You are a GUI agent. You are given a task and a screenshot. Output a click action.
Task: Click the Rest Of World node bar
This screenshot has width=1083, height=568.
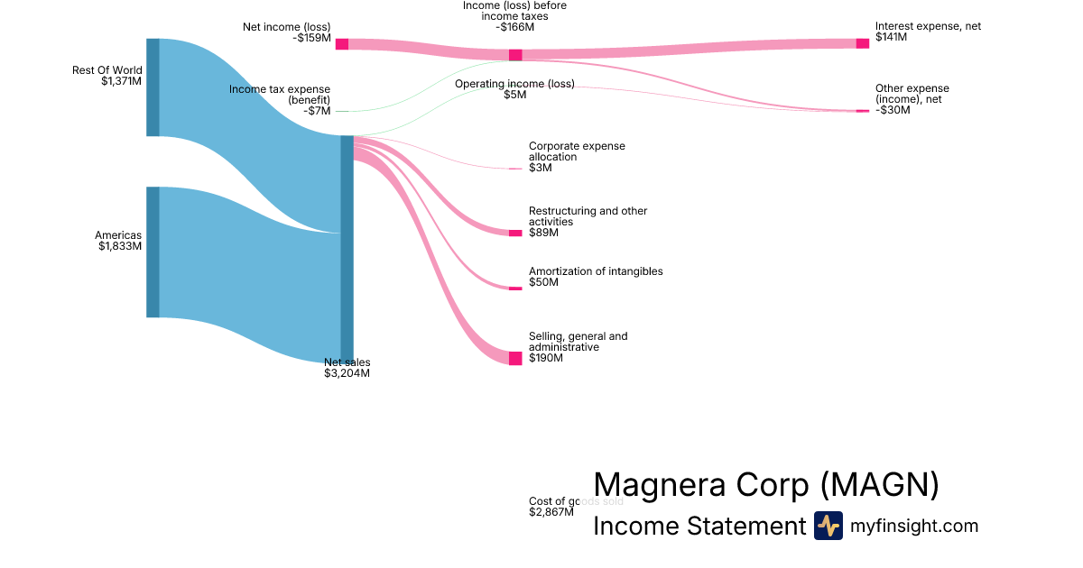(153, 87)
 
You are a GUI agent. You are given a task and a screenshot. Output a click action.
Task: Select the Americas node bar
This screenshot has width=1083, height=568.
(153, 252)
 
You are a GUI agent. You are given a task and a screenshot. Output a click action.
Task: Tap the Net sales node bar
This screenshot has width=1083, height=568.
(347, 249)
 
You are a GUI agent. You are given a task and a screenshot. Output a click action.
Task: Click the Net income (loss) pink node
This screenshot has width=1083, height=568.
(342, 44)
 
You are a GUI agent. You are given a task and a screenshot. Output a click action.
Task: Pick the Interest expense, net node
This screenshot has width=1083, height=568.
(863, 43)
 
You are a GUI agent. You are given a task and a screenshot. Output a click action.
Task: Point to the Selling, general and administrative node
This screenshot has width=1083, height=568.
(515, 358)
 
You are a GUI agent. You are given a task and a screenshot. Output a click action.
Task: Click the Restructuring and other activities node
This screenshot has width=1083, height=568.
(515, 233)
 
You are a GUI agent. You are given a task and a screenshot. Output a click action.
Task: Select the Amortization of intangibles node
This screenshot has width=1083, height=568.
(515, 289)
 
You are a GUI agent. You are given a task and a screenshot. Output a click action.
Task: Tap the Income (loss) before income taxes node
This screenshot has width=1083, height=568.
(515, 55)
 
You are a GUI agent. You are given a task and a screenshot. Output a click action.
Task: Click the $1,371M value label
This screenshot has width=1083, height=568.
(121, 81)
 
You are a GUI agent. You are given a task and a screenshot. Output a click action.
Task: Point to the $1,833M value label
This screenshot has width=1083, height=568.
(120, 246)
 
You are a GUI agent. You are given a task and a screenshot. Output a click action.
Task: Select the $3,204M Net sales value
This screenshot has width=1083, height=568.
(347, 373)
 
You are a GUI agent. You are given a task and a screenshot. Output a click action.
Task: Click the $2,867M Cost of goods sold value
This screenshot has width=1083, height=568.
(551, 512)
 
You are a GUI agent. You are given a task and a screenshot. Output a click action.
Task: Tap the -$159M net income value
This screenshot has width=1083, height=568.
(312, 39)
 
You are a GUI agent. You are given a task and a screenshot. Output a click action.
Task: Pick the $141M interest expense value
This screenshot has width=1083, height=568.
(892, 38)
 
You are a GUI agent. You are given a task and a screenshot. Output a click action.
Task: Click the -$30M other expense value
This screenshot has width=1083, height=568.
(893, 110)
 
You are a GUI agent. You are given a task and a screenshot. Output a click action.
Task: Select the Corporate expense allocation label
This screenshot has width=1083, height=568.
(577, 151)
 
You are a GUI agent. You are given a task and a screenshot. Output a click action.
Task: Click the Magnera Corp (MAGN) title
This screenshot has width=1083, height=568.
(766, 485)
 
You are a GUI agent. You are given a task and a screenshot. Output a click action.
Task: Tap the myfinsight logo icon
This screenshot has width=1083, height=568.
(828, 526)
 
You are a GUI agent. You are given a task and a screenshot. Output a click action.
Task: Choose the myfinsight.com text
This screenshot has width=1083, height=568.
(914, 526)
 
